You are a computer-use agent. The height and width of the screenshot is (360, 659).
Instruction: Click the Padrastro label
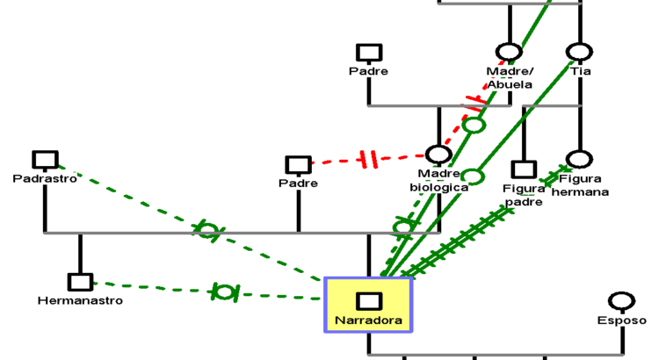pyautogui.click(x=45, y=178)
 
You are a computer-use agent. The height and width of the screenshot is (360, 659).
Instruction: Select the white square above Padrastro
pyautogui.click(x=45, y=160)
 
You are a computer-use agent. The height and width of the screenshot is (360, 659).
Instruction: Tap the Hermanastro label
pyautogui.click(x=80, y=300)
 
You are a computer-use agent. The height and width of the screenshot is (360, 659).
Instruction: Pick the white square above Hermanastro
pyautogui.click(x=80, y=282)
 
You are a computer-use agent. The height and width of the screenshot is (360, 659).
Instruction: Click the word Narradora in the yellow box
pyautogui.click(x=369, y=320)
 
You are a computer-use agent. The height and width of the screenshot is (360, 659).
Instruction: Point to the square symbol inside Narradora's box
pyautogui.click(x=369, y=301)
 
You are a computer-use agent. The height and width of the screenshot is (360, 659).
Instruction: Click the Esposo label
pyautogui.click(x=621, y=320)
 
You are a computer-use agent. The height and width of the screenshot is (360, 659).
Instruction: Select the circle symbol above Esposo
pyautogui.click(x=621, y=301)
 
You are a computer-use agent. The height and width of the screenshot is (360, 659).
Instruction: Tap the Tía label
pyautogui.click(x=579, y=71)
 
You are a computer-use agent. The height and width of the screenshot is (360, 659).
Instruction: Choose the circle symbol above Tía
pyautogui.click(x=579, y=53)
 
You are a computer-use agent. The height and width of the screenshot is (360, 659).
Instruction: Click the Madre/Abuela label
pyautogui.click(x=510, y=77)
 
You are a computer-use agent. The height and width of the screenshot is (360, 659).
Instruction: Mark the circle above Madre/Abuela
pyautogui.click(x=510, y=52)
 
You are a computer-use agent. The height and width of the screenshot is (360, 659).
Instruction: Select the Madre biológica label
pyautogui.click(x=438, y=180)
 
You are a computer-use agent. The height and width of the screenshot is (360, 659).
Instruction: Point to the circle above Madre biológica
pyautogui.click(x=438, y=155)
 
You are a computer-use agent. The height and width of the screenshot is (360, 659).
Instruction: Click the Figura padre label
pyautogui.click(x=523, y=194)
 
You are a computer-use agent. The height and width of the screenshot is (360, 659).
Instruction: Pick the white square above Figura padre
pyautogui.click(x=524, y=169)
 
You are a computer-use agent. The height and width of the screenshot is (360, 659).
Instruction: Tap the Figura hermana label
pyautogui.click(x=579, y=185)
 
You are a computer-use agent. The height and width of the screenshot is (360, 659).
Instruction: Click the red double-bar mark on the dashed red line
pyautogui.click(x=368, y=160)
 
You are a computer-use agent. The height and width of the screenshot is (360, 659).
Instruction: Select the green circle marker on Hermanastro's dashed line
pyautogui.click(x=224, y=292)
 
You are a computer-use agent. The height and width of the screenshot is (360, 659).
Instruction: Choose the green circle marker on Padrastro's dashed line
pyautogui.click(x=207, y=231)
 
